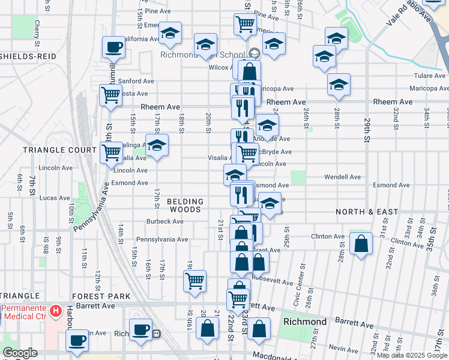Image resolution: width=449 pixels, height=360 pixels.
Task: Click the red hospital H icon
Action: (56, 311)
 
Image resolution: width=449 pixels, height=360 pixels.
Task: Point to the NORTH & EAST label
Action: (367, 212)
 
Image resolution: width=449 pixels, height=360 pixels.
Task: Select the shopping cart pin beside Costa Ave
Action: (110, 95)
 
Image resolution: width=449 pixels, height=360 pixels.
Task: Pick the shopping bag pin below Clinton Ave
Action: (360, 244)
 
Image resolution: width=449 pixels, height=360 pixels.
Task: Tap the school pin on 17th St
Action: (157, 145)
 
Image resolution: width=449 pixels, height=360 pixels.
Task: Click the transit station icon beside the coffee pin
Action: (156, 334)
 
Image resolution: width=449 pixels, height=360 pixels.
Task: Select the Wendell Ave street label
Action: (342, 177)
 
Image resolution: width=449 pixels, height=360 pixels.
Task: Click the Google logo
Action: (20, 353)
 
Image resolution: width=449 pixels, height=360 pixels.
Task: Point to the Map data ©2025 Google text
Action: (412, 355)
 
